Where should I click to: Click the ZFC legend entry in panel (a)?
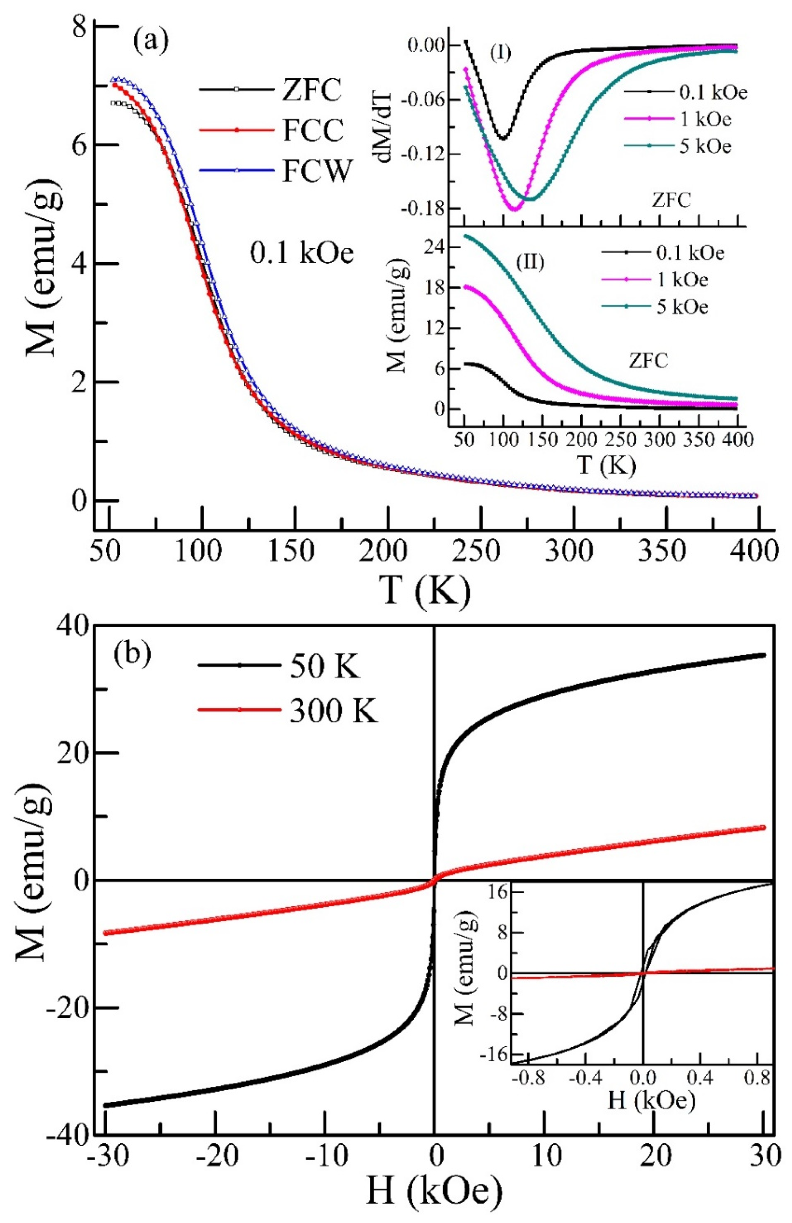[311, 90]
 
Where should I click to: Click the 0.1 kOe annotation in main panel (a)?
[302, 253]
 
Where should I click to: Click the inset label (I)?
[500, 53]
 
